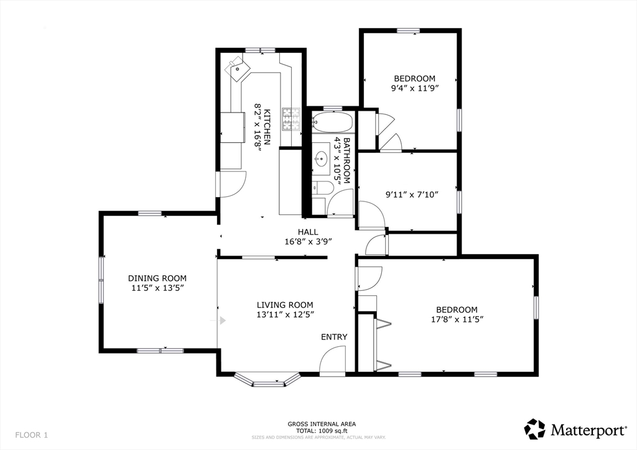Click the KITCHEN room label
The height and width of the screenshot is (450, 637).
(267, 127)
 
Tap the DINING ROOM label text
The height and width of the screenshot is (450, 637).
(157, 278)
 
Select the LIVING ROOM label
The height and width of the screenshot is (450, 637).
(285, 305)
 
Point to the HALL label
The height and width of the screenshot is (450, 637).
(308, 232)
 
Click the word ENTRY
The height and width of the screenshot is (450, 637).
(334, 337)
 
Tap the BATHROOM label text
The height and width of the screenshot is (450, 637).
(346, 161)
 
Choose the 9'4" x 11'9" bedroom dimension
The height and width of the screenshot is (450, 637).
(415, 88)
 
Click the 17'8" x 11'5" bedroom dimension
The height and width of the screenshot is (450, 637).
(457, 319)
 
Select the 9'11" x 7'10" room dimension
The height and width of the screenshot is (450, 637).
(412, 195)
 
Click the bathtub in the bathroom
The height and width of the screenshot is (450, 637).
(333, 122)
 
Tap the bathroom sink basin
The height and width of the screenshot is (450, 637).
(322, 158)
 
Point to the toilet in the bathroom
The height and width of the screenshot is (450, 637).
(323, 188)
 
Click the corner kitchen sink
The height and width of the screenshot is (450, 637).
(238, 69)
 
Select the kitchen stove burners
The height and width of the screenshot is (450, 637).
(291, 119)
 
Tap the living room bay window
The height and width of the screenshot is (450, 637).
(267, 380)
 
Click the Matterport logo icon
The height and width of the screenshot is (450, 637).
(534, 429)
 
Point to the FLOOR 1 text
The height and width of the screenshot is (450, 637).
(31, 435)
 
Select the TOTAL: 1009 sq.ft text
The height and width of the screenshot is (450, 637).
(322, 431)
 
